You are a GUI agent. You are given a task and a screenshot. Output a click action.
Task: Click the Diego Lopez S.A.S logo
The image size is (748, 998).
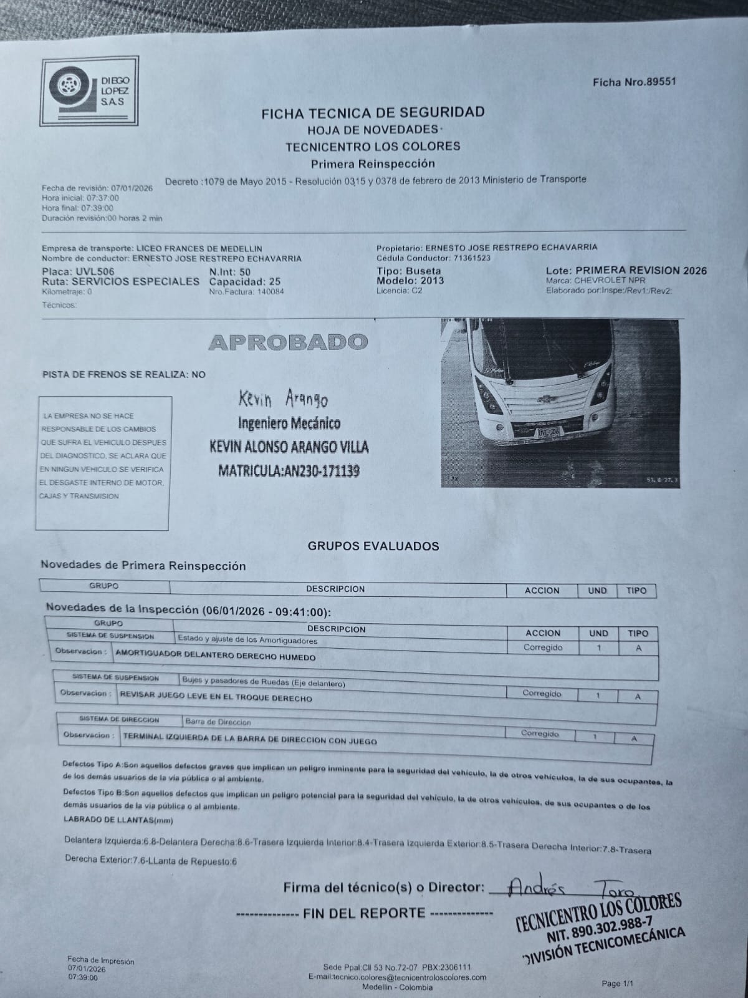90,91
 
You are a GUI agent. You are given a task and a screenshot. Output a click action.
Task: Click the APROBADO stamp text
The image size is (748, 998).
288,342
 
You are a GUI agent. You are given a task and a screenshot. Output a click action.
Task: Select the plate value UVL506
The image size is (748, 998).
95,272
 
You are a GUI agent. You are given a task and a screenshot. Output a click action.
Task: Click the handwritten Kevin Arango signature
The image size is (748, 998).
282,399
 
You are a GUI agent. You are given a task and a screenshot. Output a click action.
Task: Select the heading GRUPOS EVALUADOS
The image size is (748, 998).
373,546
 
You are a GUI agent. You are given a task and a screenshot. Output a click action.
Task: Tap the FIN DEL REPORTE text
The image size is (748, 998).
364,913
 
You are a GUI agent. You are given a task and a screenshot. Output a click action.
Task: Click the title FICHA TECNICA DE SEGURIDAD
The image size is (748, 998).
373,113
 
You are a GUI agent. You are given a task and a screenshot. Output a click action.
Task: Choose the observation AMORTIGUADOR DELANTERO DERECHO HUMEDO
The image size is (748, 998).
216,657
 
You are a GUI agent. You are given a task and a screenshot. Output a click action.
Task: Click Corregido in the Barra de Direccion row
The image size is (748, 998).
540,734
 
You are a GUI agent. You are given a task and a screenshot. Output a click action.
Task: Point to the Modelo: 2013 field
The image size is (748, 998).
410,281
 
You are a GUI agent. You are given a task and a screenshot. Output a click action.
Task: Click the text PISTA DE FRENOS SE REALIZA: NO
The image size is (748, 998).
123,375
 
